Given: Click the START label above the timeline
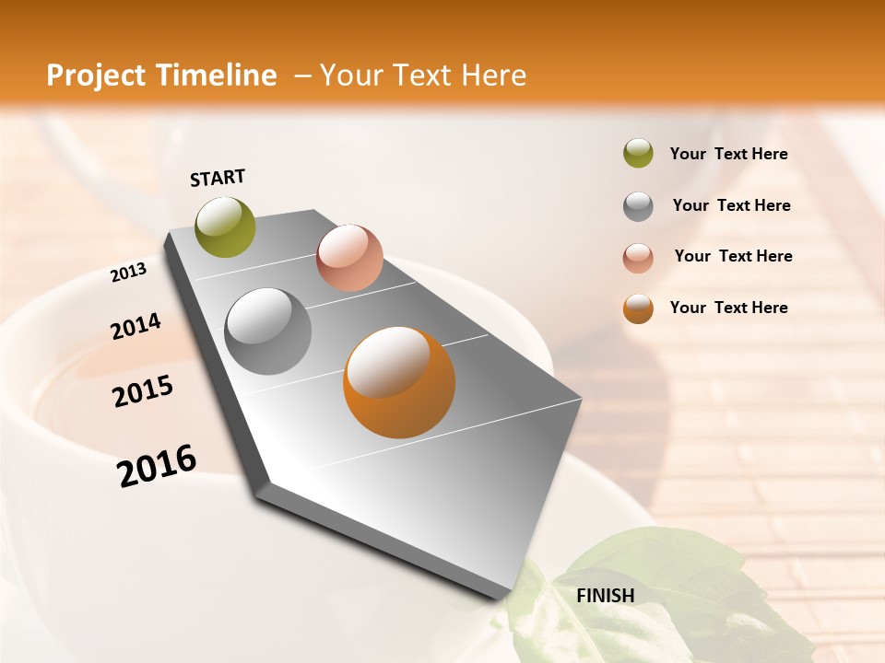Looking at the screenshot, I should point(218,178).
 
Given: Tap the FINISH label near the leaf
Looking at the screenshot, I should point(605,596).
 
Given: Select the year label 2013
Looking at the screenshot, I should point(128,273).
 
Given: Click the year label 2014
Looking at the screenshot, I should point(136,327).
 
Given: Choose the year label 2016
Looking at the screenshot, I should point(157,466).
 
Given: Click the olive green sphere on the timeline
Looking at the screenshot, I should point(226,227).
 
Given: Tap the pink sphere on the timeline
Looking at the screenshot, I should point(349,258).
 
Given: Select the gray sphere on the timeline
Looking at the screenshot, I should point(268,331).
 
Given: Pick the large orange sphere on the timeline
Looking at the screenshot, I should point(399,382).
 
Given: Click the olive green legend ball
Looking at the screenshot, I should point(638,154).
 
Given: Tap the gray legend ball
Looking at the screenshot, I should point(638,205).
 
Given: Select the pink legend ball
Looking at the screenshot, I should point(638,257).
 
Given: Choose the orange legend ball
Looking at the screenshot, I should point(638,308).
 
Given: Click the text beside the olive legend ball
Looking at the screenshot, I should point(728,155).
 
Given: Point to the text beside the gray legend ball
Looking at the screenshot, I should point(731,205).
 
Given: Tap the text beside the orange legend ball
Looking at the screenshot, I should point(728,308).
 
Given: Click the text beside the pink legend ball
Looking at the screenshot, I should point(733,256).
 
